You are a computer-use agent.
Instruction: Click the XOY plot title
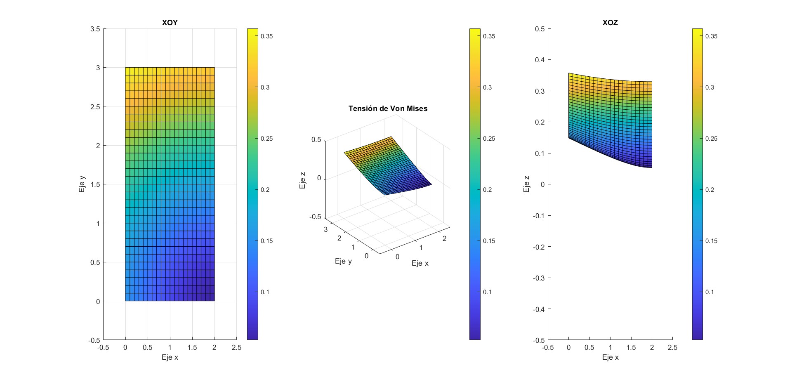[170, 23]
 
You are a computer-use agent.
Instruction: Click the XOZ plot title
[610, 23]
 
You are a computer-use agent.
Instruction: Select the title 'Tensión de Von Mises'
[388, 108]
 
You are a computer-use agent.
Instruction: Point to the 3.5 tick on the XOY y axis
[95, 29]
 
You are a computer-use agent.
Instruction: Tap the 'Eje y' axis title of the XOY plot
[82, 184]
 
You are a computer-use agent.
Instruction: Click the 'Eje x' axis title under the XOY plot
[170, 357]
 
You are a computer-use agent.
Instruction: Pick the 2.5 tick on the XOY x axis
[236, 347]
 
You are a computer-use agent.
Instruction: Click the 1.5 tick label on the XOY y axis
[95, 184]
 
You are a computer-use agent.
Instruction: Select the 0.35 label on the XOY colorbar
[266, 36]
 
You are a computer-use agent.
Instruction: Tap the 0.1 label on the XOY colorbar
[265, 292]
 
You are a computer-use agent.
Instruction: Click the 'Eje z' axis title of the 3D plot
[303, 180]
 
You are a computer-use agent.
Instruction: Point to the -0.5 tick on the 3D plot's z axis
[315, 217]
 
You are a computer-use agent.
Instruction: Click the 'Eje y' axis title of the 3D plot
[343, 261]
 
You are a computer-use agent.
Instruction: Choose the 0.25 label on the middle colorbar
[489, 139]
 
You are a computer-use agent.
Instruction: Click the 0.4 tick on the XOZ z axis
[540, 60]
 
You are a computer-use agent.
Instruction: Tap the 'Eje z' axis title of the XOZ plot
[526, 184]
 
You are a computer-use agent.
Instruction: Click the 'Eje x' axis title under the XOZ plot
[610, 357]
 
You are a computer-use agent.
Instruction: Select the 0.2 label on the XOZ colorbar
[709, 190]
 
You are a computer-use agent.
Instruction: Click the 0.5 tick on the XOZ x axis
[589, 347]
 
